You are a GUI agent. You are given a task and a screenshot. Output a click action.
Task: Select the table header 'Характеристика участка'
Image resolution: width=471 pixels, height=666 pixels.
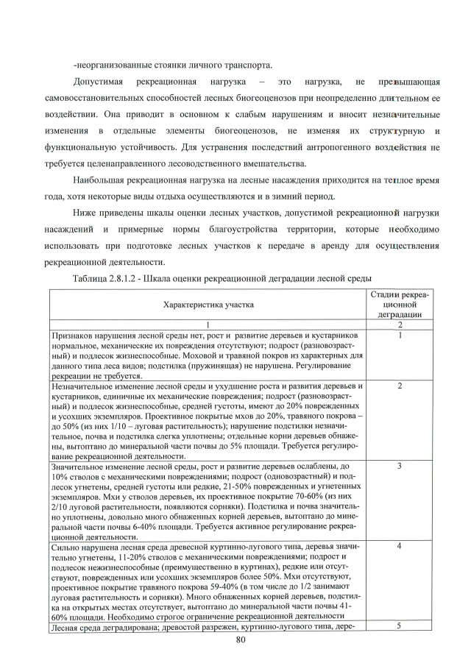(x=208, y=303)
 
